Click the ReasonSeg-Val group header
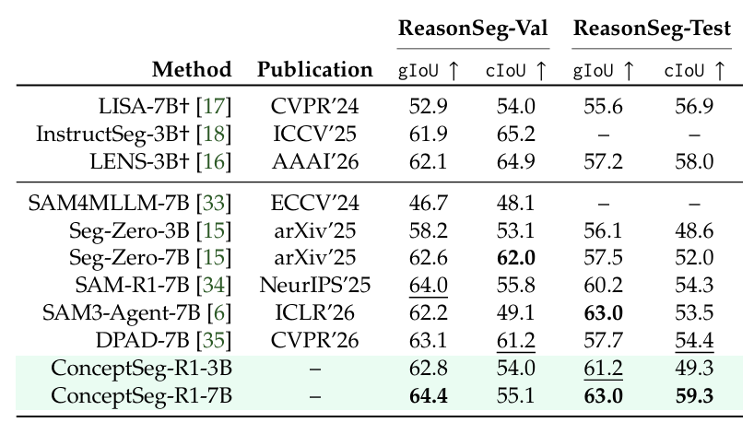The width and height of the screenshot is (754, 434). click(473, 29)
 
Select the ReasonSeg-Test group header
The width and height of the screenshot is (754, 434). click(652, 29)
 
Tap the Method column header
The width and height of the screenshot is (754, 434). click(192, 70)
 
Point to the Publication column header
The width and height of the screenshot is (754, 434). click(315, 70)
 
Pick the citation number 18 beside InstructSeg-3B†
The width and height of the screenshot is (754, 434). click(214, 135)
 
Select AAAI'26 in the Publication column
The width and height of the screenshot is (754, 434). click(315, 161)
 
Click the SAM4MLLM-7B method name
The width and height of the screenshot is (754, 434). click(109, 203)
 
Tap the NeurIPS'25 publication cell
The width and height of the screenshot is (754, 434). click(315, 285)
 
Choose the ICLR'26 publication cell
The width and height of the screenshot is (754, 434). click(315, 313)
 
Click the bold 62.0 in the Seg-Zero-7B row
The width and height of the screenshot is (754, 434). click(516, 258)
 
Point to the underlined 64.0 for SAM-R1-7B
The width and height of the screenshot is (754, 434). click(429, 286)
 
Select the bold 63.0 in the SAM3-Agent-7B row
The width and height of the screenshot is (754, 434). click(604, 313)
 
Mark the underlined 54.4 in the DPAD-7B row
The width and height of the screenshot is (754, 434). click(694, 341)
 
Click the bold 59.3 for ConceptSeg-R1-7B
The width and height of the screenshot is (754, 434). click(694, 396)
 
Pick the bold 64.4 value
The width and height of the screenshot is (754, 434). click(429, 396)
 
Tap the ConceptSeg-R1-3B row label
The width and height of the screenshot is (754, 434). click(141, 369)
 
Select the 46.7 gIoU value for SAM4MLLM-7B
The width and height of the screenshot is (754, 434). click(429, 204)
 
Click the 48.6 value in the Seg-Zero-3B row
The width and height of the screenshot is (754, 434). click(694, 230)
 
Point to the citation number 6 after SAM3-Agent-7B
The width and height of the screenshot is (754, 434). click(218, 313)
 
